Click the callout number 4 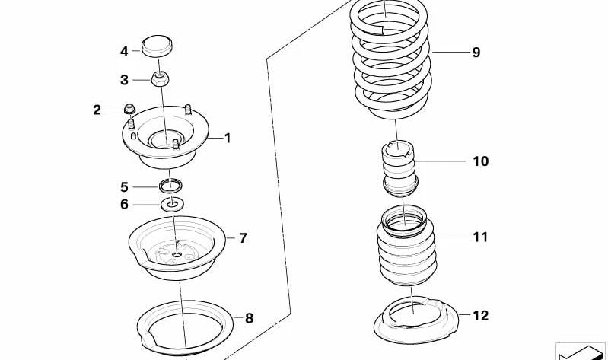[x=124, y=51]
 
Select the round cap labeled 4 [x=157, y=46]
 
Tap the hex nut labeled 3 [x=160, y=78]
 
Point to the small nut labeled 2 [x=129, y=109]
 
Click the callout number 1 [x=228, y=138]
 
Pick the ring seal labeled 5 [x=171, y=185]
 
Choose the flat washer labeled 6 [x=173, y=204]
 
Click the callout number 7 [x=243, y=237]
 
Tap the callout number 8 [x=250, y=318]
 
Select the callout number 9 [x=476, y=52]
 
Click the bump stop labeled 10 [x=399, y=169]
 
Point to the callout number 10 [x=480, y=161]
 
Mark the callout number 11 [x=480, y=237]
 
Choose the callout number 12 [x=480, y=315]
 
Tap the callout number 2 [x=97, y=110]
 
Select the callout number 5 [x=124, y=187]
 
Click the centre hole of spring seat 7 [x=177, y=255]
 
